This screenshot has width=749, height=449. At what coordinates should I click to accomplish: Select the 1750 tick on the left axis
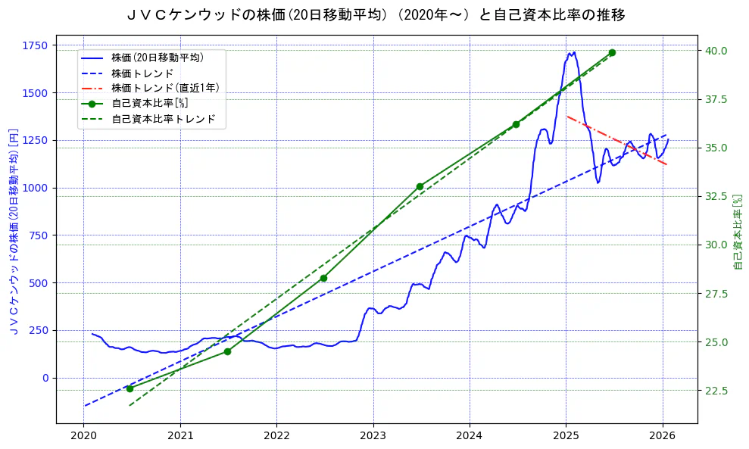coord(36,45)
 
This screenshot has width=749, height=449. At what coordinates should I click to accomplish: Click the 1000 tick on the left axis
coord(36,188)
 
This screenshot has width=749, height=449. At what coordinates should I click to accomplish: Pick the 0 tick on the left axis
coord(45,378)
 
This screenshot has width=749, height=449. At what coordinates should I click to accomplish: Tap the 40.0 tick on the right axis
coord(716,51)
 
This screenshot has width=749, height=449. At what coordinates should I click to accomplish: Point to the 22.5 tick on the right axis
coord(716,391)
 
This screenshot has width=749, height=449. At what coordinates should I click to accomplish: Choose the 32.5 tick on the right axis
coord(716,196)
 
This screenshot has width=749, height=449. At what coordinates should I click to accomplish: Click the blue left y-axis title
coord(13,230)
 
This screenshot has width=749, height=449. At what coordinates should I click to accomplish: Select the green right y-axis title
coord(738,230)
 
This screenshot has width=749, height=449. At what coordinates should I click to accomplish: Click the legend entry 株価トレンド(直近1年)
coord(165,88)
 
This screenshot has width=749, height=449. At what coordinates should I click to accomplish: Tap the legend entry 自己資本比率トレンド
coord(164,119)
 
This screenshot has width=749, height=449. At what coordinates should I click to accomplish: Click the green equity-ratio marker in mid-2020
coord(130,388)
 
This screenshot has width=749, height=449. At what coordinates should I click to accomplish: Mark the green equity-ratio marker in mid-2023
coord(420,186)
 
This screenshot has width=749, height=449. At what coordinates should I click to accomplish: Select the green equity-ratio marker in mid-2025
coord(612,52)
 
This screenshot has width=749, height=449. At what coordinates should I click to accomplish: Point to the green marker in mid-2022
coord(323,278)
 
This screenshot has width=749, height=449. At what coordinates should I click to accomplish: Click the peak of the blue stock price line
coord(574,52)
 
